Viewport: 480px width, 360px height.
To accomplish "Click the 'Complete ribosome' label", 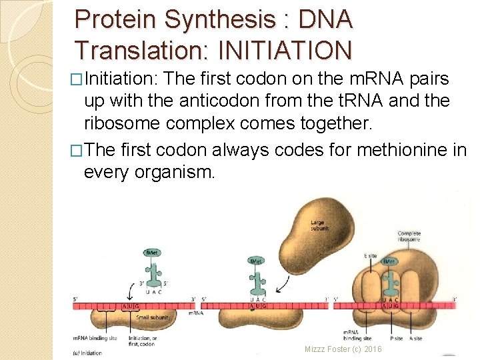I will [x=409, y=237].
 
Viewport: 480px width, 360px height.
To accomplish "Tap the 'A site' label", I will [x=415, y=338].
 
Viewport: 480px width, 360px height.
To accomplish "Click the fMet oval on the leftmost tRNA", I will [x=153, y=253].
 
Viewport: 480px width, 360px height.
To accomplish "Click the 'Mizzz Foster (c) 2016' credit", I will [x=343, y=349].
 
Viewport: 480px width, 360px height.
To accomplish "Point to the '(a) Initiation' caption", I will [x=88, y=353].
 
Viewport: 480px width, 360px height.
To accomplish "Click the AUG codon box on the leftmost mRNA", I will [x=132, y=305].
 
